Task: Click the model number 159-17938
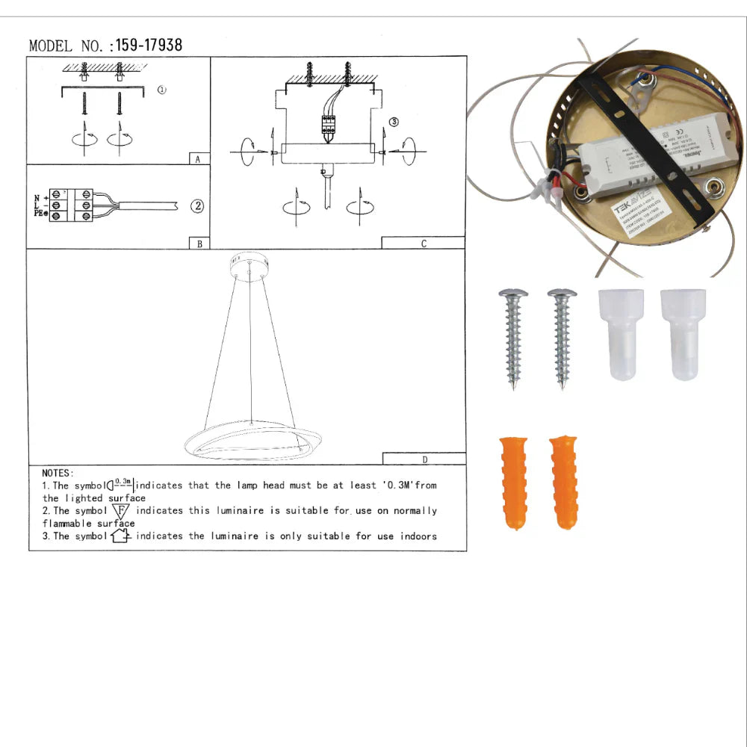(x=149, y=46)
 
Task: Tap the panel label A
(x=197, y=159)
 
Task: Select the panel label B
(x=199, y=244)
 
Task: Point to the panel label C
(x=424, y=244)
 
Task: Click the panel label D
(x=424, y=459)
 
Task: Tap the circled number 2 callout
(x=197, y=206)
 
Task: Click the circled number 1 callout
(x=162, y=90)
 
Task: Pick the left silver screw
(x=513, y=336)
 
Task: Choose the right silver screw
(x=562, y=336)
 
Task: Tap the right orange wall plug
(x=563, y=482)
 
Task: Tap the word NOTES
(x=58, y=473)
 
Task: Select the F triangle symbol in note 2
(x=121, y=511)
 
